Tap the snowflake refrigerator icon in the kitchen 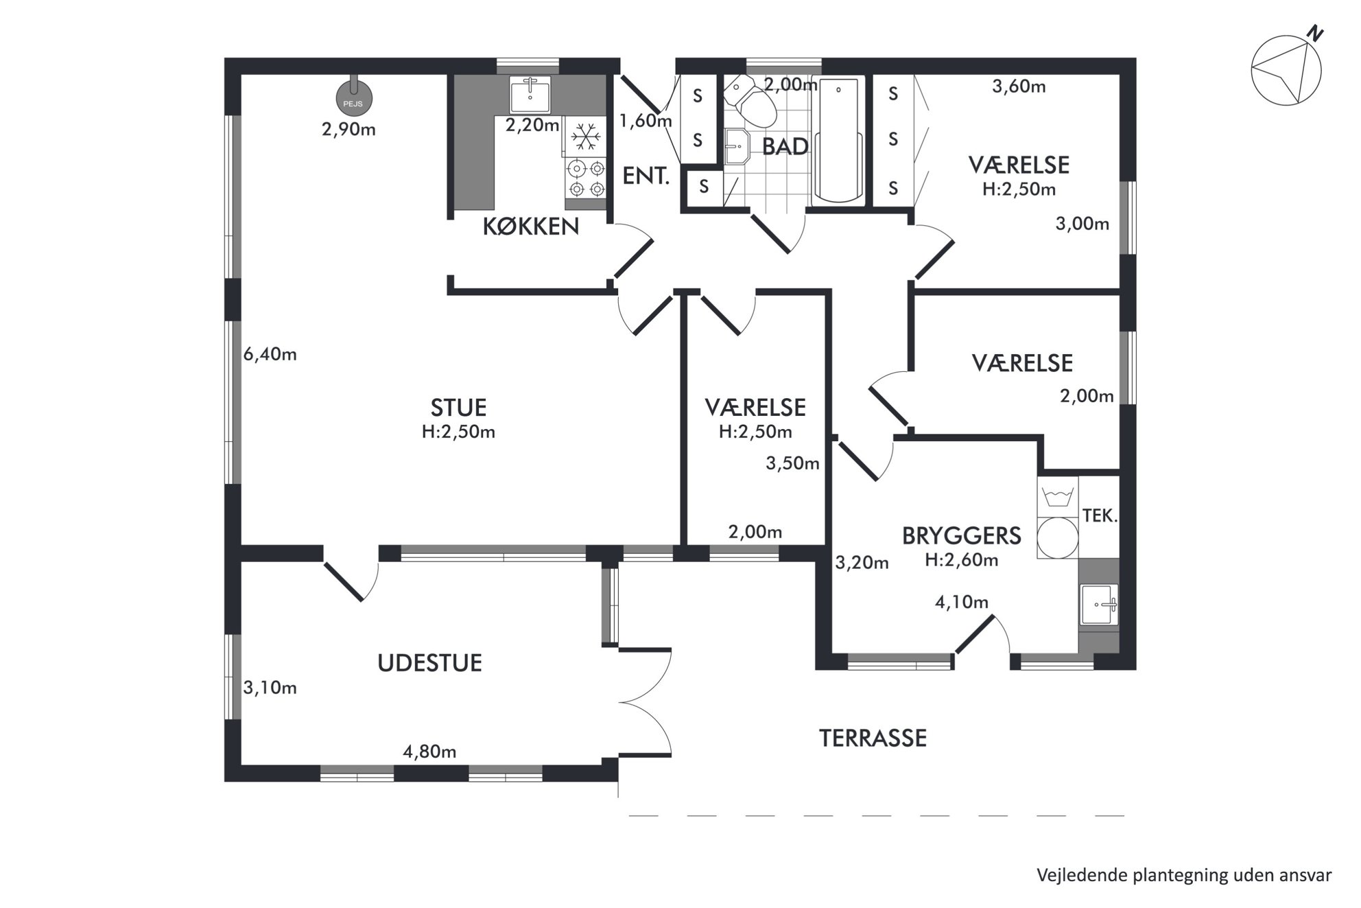coord(585,137)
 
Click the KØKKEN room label coord(531,226)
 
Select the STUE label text coord(458,408)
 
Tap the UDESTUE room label coord(430,663)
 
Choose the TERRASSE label coord(873,738)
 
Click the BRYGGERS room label coord(961,536)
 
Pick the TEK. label coord(1100,515)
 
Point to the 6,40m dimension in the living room coord(270,355)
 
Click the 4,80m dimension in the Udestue coord(429,752)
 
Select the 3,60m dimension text coord(1019,86)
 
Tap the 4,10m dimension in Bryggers coord(962,603)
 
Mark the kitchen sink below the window coord(530,94)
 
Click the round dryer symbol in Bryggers coord(1057,537)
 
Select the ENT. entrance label coord(646,176)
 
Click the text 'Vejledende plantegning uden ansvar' coord(1184,876)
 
